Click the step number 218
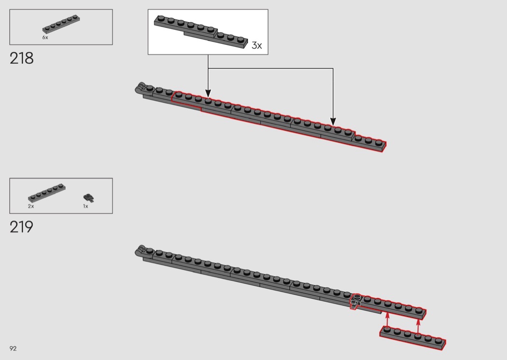(x=21, y=58)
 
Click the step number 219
(x=21, y=227)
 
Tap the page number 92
(x=13, y=348)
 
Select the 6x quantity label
(x=45, y=38)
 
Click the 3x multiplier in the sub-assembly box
(x=257, y=45)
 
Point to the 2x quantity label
(x=31, y=206)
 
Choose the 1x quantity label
(x=85, y=206)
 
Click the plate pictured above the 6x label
(x=61, y=24)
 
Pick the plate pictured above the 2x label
(x=47, y=193)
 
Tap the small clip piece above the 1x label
(x=88, y=198)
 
